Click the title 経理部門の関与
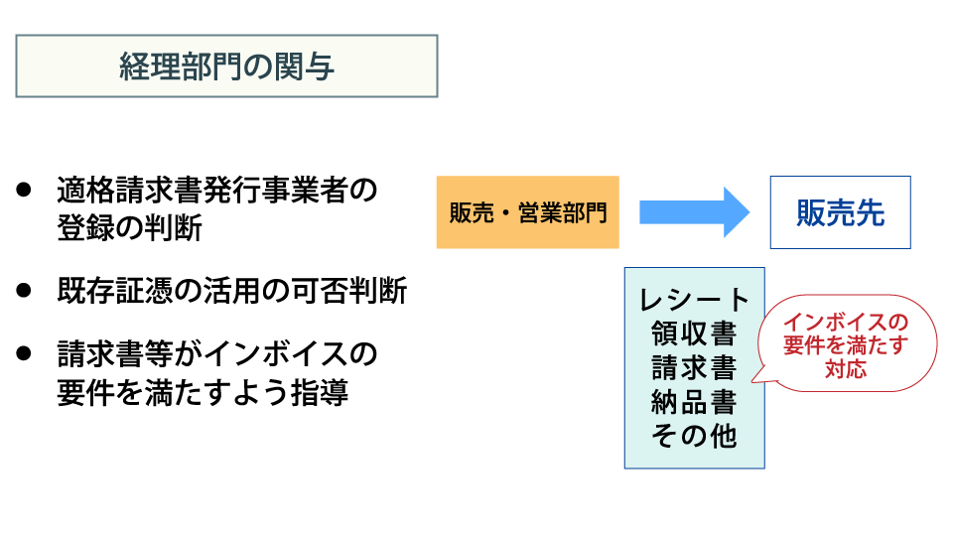point(226,67)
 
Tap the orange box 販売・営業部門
point(527,212)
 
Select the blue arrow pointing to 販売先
point(695,212)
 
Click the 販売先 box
point(841,212)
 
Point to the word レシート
point(695,300)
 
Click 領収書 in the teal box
point(694,334)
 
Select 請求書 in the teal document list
point(694,367)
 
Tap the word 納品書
point(694,402)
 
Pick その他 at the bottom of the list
point(694,436)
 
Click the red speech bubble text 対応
point(846,369)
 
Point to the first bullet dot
point(24,190)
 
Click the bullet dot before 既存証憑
point(24,290)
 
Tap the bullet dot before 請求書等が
point(24,353)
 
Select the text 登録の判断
point(129,228)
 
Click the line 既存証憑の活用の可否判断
point(232,291)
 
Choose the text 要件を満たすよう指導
point(203,393)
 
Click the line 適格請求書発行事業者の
point(217,191)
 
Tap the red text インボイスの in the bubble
point(846,322)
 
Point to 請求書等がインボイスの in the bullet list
point(217,353)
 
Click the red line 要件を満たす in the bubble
point(846,345)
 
